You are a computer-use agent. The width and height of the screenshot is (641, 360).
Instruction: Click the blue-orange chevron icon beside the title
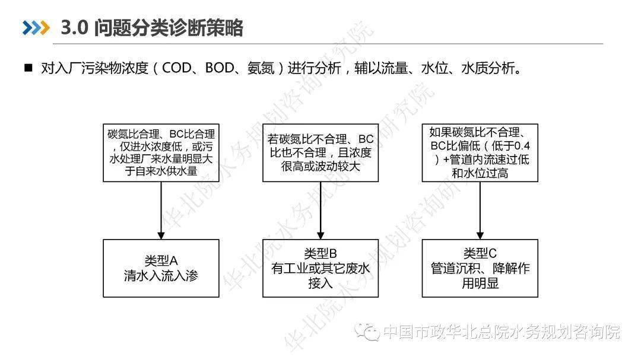pos(35,28)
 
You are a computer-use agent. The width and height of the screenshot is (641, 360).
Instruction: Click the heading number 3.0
pos(75,28)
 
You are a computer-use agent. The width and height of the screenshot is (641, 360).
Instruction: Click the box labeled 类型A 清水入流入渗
pos(160,268)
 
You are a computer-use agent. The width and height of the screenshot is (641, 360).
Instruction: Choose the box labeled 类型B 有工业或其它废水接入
pos(320,268)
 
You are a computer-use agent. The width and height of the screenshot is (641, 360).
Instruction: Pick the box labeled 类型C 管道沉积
pos(480,268)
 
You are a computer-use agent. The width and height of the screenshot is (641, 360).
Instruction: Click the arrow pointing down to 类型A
pos(160,210)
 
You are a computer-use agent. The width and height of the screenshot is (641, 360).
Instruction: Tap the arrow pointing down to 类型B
pos(320,210)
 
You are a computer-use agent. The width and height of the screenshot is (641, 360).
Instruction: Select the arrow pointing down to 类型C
pos(480,210)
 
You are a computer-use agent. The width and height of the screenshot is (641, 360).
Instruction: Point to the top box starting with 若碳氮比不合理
pos(320,152)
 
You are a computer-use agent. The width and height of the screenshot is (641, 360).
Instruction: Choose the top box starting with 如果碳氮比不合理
pos(480,152)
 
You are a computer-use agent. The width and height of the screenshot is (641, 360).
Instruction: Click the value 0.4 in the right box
pos(521,146)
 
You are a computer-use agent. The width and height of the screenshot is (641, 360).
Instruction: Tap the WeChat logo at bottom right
pos(370,331)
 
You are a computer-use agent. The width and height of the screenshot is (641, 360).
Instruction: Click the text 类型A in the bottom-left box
pos(160,260)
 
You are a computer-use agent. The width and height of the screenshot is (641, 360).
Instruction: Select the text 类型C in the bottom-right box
pos(480,253)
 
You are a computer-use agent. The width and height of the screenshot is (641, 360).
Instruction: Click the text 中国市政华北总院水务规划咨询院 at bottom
pos(502,332)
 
